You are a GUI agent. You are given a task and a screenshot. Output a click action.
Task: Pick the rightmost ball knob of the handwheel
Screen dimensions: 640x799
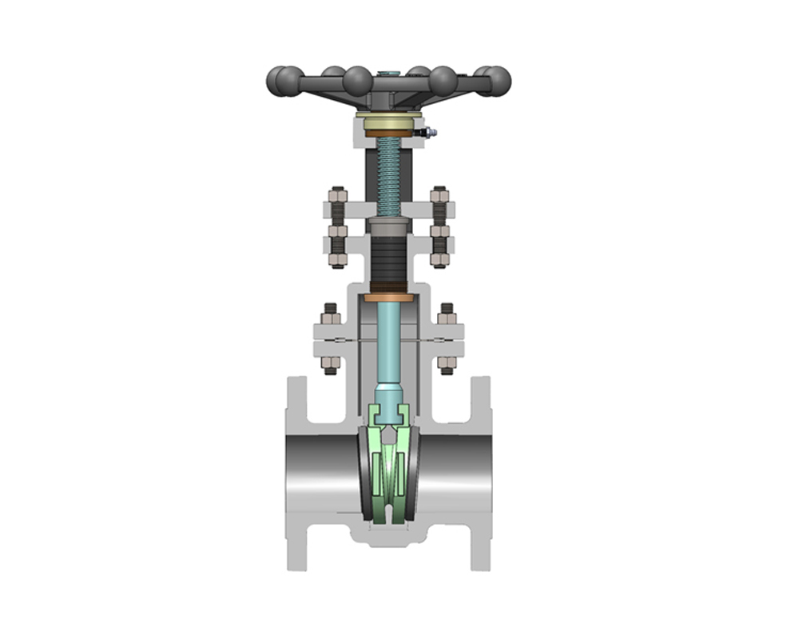[x=497, y=80]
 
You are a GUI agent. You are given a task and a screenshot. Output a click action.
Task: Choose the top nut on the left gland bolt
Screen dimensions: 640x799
[x=337, y=194]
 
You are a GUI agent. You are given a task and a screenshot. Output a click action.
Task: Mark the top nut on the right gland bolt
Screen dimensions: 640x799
[x=439, y=194]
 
